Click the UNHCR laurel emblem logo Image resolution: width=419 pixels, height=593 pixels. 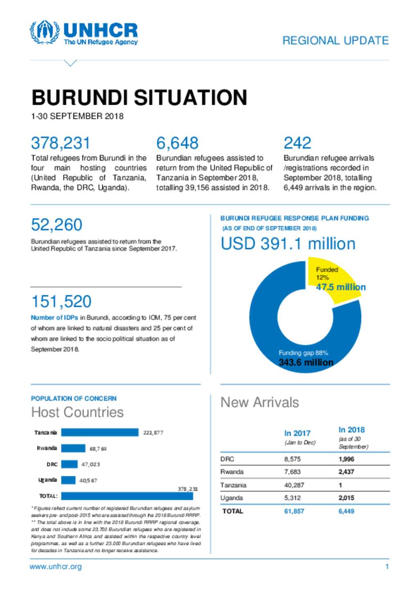click(45, 32)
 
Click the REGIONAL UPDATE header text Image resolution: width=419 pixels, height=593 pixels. click(336, 41)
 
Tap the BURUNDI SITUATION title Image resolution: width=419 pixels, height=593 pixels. click(139, 97)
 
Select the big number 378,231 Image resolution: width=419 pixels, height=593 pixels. click(61, 143)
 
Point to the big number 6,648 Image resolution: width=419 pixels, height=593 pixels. click(177, 143)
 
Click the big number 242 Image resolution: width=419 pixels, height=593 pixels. click(297, 143)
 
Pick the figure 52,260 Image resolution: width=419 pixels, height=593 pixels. click(57, 225)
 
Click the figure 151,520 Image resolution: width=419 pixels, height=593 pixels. click(61, 302)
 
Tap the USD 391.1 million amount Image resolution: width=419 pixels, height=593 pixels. click(288, 244)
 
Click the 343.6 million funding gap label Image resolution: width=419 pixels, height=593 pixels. click(306, 362)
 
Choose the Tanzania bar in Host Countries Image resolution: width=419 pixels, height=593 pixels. click(100, 432)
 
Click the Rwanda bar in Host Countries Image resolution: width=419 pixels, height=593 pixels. click(73, 448)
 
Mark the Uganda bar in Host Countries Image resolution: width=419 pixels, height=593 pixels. click(68, 480)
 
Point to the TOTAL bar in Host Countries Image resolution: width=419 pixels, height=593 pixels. click(127, 496)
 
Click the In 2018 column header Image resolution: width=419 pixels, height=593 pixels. click(351, 430)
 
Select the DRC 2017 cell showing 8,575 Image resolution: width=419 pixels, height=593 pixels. click(293, 459)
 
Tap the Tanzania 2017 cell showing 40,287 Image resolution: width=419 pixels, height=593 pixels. click(294, 485)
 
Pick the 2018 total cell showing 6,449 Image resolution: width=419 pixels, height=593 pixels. click(346, 511)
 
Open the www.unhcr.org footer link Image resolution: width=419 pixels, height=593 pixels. click(56, 567)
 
